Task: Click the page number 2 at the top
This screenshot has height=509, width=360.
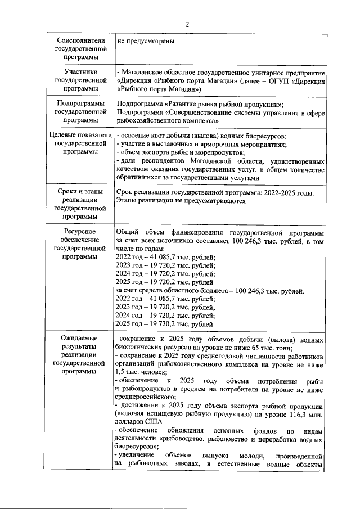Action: (186, 25)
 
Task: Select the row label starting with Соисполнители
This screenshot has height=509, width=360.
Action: (80, 41)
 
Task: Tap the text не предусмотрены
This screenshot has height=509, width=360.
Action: (146, 41)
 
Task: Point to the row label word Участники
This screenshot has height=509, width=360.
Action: (80, 72)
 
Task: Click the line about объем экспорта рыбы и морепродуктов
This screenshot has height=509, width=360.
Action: (180, 152)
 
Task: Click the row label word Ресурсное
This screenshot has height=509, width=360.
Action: (80, 232)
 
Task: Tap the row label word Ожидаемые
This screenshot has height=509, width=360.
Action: (80, 339)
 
